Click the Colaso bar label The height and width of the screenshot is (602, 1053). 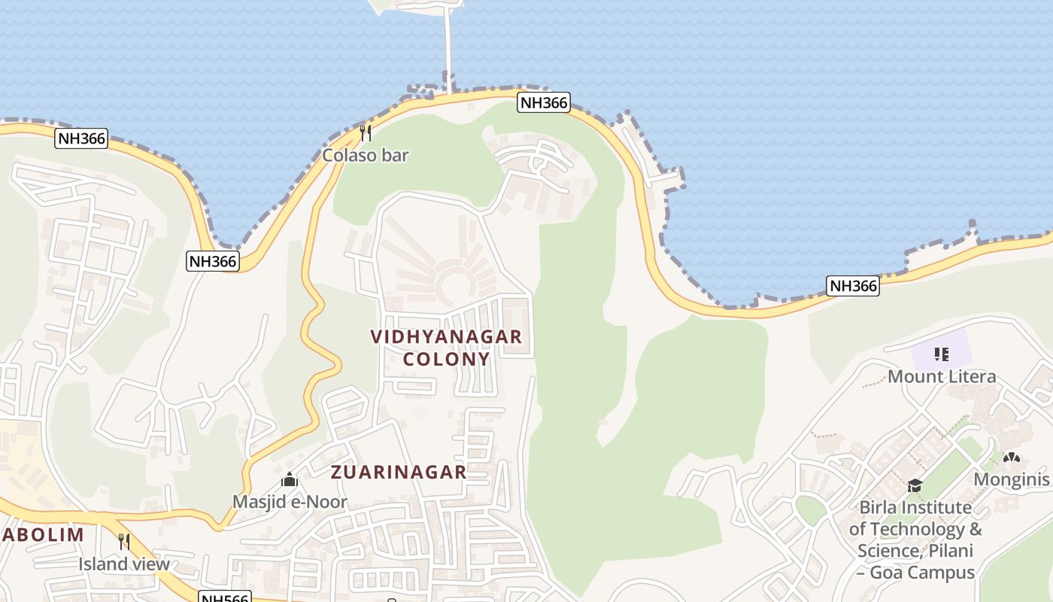[x=366, y=156]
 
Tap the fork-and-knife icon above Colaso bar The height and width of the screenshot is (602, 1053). [x=366, y=133]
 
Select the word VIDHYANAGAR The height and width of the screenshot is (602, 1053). [x=446, y=336]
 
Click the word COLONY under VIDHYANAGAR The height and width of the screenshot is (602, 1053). [x=446, y=359]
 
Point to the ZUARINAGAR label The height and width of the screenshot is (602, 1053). [x=399, y=473]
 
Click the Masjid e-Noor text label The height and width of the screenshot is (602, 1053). [x=290, y=502]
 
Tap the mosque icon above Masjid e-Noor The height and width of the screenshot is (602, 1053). [x=290, y=479]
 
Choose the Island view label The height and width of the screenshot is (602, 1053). [x=124, y=564]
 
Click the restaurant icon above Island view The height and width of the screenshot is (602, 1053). [x=124, y=541]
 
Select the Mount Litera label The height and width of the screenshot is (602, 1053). [x=942, y=376]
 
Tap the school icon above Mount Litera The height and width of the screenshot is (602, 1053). [x=941, y=354]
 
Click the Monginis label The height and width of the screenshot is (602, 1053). [x=1012, y=479]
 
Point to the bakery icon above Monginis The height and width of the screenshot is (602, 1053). [x=1012, y=458]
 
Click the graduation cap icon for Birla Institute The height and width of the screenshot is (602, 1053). [x=915, y=485]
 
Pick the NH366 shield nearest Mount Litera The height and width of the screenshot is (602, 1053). [x=853, y=286]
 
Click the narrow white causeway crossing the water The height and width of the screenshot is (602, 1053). [x=449, y=45]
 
